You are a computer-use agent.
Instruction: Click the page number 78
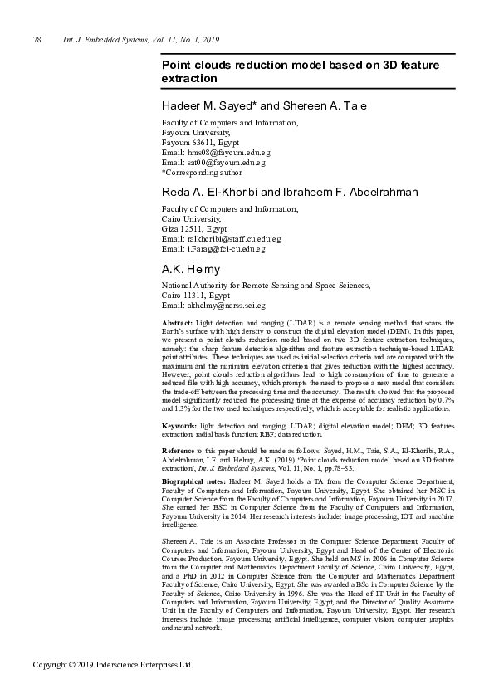tap(37, 40)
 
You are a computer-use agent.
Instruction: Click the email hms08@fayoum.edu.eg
tap(227, 153)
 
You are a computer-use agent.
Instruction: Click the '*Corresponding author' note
tap(201, 173)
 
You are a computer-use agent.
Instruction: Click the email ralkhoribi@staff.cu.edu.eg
tap(232, 239)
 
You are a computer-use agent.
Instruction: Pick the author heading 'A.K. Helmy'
tap(190, 269)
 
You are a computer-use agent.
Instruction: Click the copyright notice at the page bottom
tap(113, 665)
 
